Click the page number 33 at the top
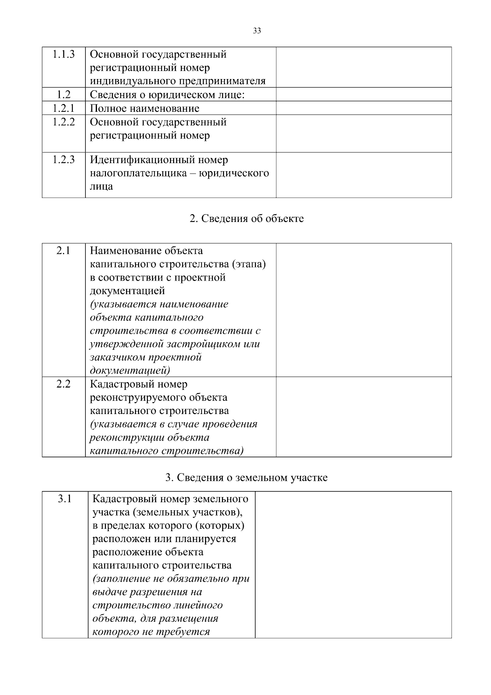pos(257,31)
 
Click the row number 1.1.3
pos(63,54)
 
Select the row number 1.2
pos(63,95)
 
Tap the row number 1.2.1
pos(63,108)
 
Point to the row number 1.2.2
pos(63,122)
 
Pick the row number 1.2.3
pos(63,160)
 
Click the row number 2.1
pos(63,250)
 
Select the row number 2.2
pos(63,384)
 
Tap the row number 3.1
pos(65,499)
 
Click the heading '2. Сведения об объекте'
pos(247,219)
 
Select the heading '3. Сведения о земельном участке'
pos(246,478)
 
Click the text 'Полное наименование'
pos(144,109)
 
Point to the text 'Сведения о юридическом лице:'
pos(167,95)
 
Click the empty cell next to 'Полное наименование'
pos(363,108)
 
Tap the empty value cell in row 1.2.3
pos(363,175)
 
